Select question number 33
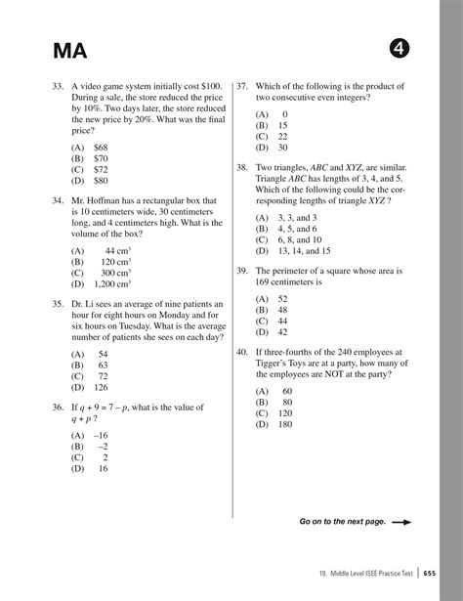pyautogui.click(x=59, y=86)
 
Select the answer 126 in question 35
pyautogui.click(x=103, y=387)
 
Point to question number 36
pyautogui.click(x=59, y=407)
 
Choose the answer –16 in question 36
pyautogui.click(x=102, y=434)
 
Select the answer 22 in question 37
pyautogui.click(x=282, y=137)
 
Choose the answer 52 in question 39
pyautogui.click(x=282, y=298)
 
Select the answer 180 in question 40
pyautogui.click(x=286, y=424)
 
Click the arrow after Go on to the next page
pyautogui.click(x=400, y=522)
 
